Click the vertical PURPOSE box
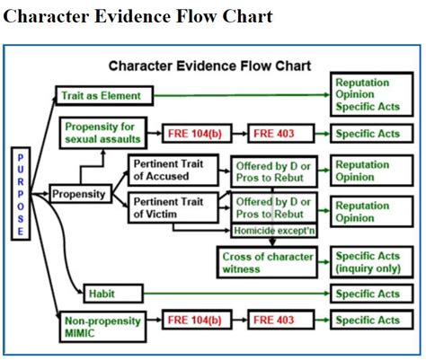point(21,194)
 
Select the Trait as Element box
point(104,96)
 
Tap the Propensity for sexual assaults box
point(103,133)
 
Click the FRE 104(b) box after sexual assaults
point(197,133)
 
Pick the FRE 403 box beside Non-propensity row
point(281,320)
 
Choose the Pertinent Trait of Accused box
point(173,170)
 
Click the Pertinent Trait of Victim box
point(173,208)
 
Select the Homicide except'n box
point(274,231)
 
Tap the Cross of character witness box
point(267,262)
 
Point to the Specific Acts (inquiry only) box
point(372,262)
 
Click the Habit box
point(113,294)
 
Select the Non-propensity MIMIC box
point(103,327)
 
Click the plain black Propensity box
point(81,194)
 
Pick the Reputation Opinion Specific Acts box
point(372,94)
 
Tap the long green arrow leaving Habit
point(236,294)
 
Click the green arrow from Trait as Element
point(242,95)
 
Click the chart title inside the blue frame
point(209,66)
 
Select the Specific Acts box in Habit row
point(372,294)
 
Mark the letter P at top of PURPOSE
point(21,157)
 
